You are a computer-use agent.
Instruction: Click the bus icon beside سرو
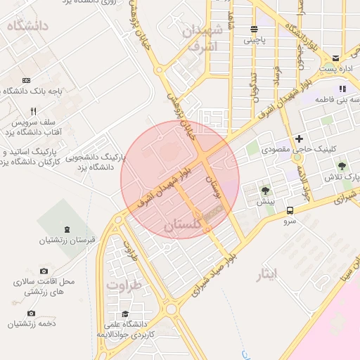point(290,210)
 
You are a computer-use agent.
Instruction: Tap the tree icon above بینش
point(265,191)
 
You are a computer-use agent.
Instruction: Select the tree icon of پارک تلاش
point(342,166)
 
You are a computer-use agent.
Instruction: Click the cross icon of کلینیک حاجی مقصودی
point(300,139)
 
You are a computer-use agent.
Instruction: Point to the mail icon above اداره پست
point(336,58)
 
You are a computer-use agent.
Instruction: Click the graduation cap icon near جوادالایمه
point(125,314)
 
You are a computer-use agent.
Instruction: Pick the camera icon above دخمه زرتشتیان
point(30,313)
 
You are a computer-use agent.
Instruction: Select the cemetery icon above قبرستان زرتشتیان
point(67,230)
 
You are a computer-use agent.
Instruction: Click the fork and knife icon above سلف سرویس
point(32,112)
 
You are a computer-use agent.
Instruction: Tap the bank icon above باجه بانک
point(27,80)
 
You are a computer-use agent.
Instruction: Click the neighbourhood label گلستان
point(182,226)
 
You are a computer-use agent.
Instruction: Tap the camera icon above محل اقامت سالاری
point(44,271)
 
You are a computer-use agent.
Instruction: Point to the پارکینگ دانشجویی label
point(92,158)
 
